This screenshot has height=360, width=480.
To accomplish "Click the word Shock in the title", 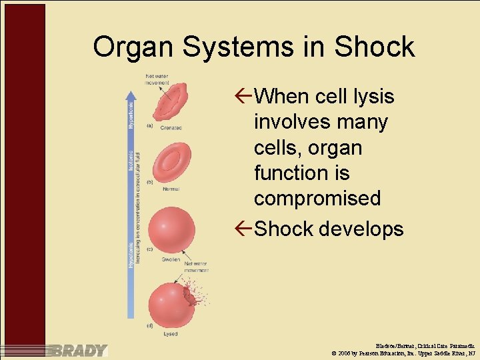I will [374, 47].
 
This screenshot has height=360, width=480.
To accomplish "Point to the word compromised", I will [317, 199].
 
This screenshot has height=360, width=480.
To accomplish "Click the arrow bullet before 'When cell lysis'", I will [244, 97].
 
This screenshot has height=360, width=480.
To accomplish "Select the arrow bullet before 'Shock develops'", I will [244, 229].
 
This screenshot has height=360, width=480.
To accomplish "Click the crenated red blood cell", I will [171, 102].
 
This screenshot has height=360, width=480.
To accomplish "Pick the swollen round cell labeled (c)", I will [172, 229].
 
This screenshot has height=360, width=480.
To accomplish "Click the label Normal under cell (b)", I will [171, 189].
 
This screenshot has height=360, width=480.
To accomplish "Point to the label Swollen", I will [171, 259].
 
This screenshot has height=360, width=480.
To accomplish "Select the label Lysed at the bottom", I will [171, 334].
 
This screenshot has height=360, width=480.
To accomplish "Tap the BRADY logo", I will [80, 351].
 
